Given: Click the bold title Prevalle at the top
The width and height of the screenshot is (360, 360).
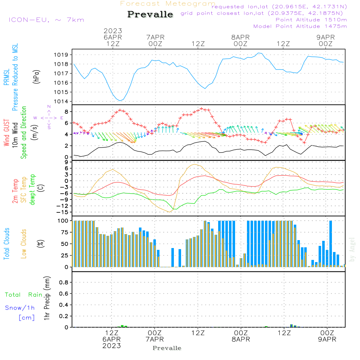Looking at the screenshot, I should [x=150, y=14].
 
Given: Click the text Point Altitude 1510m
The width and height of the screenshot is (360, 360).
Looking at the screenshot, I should [x=311, y=20].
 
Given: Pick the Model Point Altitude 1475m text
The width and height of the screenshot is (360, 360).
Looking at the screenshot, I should [x=300, y=26].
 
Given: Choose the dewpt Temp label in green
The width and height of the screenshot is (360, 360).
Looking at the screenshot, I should [x=32, y=190].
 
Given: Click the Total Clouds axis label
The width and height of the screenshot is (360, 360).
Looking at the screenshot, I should [x=7, y=243].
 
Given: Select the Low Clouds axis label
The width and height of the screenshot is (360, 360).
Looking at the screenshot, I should [x=24, y=243].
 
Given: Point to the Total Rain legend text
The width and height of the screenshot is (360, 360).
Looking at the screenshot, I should [x=23, y=294].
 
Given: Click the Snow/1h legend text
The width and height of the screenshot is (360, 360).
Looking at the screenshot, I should [x=20, y=308].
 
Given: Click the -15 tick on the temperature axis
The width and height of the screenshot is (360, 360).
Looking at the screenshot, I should [x=62, y=212].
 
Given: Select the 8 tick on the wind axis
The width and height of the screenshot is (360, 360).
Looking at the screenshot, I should [x=66, y=111].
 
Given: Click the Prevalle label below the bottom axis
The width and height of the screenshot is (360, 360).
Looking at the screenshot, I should [x=167, y=348].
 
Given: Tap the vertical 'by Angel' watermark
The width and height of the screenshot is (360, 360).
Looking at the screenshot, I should [x=352, y=249].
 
